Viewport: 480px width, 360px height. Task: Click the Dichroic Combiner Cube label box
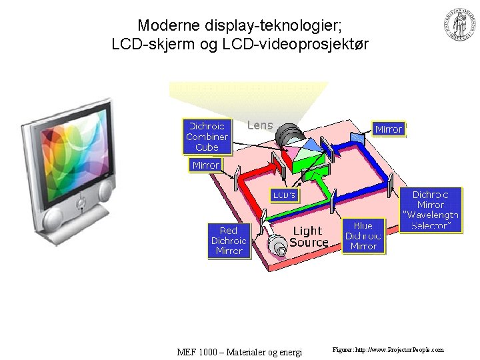click(x=207, y=137)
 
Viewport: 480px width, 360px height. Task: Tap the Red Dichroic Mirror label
click(x=229, y=241)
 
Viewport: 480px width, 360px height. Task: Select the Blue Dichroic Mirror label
click(x=363, y=236)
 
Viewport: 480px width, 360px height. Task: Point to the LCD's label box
click(x=284, y=195)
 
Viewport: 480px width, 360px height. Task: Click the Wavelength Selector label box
click(x=431, y=210)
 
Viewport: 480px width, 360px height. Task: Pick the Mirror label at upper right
click(x=388, y=129)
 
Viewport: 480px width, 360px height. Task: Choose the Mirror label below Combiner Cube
click(x=205, y=165)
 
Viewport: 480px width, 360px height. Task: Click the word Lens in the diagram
click(x=260, y=125)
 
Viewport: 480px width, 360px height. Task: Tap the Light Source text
click(x=309, y=236)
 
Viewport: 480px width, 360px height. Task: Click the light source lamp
click(x=278, y=247)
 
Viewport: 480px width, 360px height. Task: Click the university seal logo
click(x=459, y=25)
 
